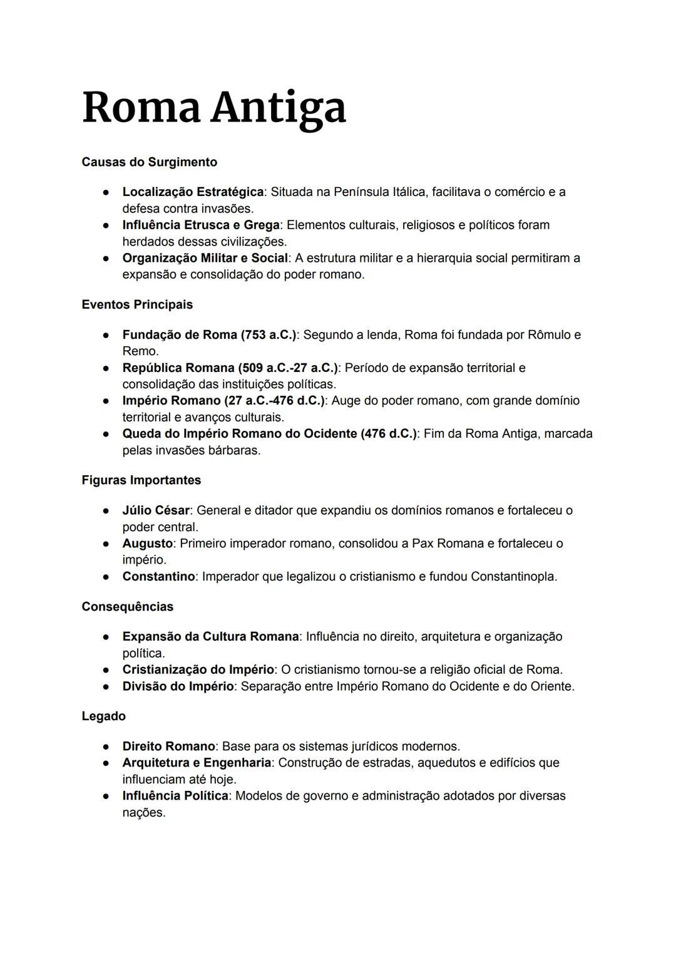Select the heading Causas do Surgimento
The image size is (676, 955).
[x=149, y=162]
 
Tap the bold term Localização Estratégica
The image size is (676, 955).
[x=192, y=192]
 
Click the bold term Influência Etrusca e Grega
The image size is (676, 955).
[x=200, y=225]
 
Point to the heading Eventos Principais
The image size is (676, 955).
[x=137, y=305]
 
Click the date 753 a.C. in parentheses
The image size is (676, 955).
[x=268, y=335]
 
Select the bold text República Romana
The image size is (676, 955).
[x=178, y=368]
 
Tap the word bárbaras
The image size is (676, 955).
[x=232, y=450]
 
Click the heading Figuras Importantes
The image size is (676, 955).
[x=141, y=480]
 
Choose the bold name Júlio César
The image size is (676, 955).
[x=155, y=510]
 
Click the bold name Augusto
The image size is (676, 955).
[x=147, y=544]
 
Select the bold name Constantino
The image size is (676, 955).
[x=158, y=577]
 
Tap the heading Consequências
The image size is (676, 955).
[x=127, y=607]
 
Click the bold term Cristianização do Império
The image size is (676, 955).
[x=198, y=670]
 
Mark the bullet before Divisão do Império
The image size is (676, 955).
[x=108, y=686]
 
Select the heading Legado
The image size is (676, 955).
[x=103, y=716]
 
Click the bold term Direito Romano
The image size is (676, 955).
[x=168, y=746]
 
